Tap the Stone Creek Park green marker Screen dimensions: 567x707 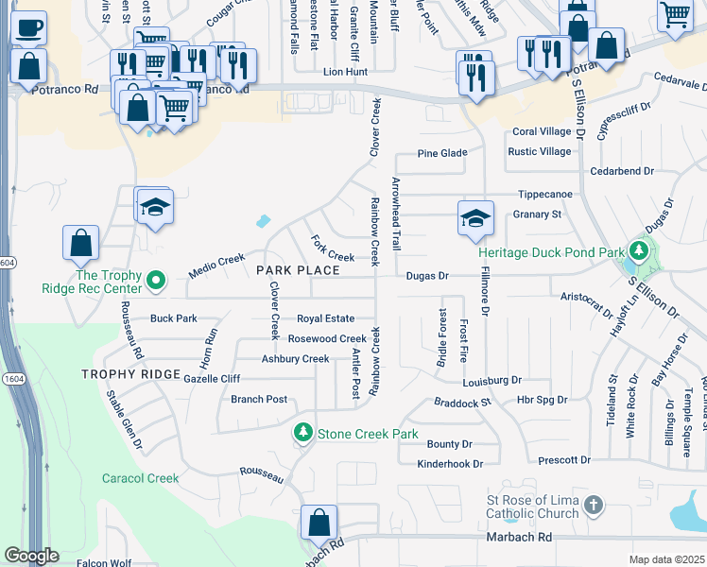click(x=302, y=434)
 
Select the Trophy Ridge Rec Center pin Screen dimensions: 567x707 click(x=158, y=282)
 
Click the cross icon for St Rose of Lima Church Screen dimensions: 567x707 click(x=593, y=506)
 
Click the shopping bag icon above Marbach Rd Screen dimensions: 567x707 click(x=319, y=522)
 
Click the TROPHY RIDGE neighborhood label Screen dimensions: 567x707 click(x=130, y=375)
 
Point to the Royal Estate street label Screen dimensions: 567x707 click(x=325, y=318)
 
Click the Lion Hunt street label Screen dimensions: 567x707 click(x=344, y=71)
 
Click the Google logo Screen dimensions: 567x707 click(x=31, y=556)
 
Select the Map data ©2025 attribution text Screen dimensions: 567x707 click(x=666, y=559)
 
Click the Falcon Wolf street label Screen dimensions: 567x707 click(x=104, y=563)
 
